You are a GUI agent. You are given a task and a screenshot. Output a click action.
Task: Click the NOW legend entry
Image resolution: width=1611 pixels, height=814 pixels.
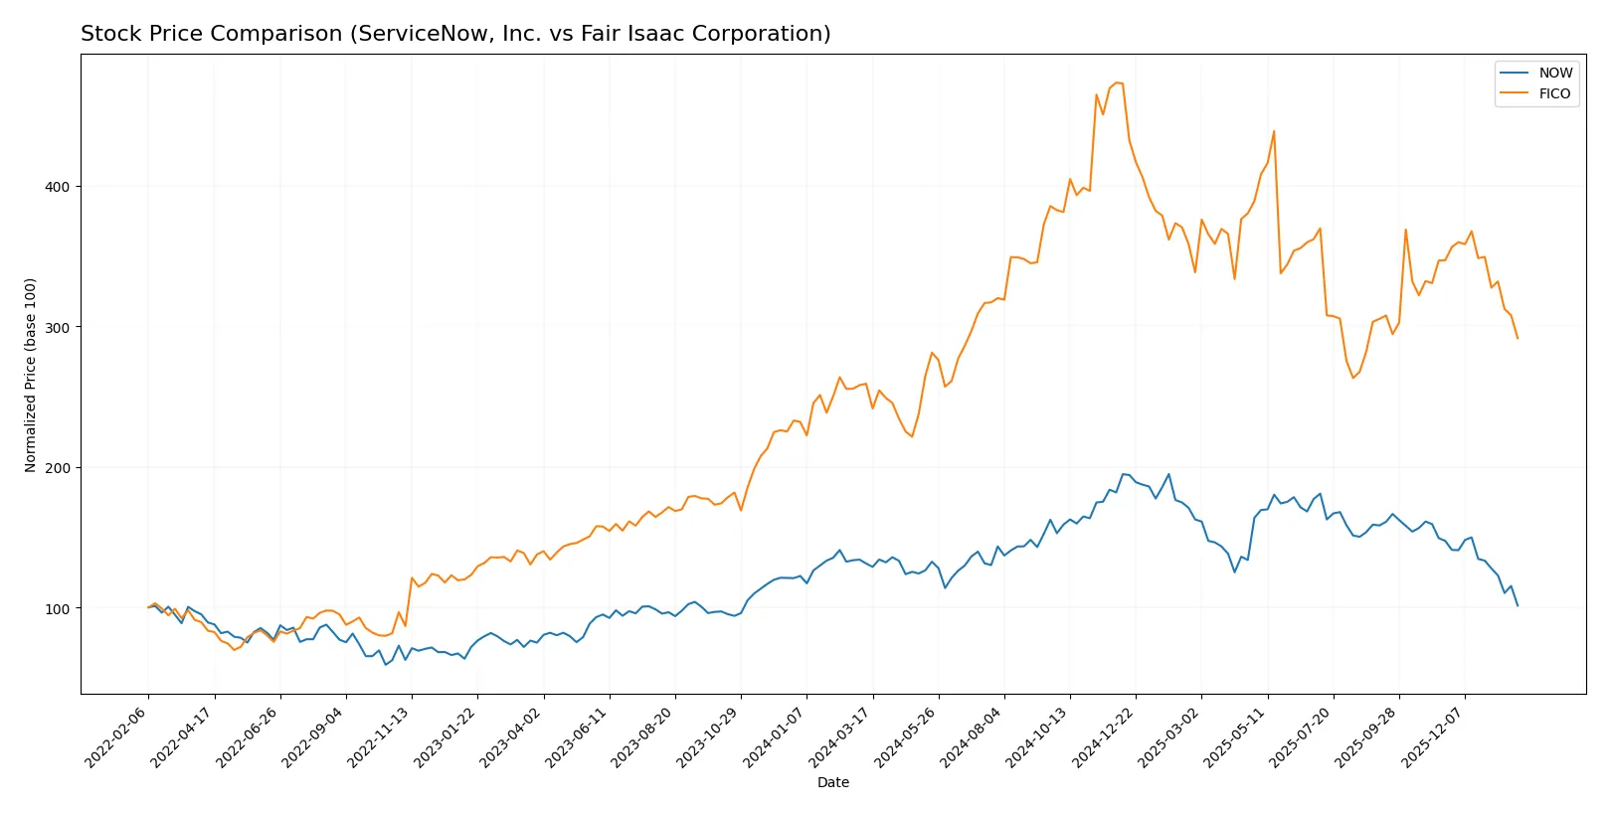[x=1554, y=73]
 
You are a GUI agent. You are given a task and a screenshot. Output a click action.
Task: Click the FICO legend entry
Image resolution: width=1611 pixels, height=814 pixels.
[x=1554, y=93]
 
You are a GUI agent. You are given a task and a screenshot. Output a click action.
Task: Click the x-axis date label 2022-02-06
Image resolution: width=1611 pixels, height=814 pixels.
[x=117, y=736]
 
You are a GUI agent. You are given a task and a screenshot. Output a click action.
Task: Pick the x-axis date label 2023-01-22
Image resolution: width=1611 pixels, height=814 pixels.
[x=447, y=736]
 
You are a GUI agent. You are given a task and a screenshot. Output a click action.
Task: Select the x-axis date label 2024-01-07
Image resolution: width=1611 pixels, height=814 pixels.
[x=776, y=736]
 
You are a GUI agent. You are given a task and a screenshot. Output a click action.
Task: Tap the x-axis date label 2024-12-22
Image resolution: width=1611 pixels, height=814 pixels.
[x=1105, y=736]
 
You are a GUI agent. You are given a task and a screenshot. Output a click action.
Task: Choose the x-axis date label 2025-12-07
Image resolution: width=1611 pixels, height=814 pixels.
[x=1434, y=736]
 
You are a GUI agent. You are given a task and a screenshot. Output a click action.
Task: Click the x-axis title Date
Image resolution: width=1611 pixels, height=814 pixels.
[x=832, y=783]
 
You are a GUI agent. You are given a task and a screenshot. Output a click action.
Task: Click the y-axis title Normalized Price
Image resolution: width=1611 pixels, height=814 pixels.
[x=31, y=375]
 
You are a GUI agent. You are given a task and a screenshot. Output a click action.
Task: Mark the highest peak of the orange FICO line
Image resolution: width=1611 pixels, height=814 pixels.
[x=1117, y=82]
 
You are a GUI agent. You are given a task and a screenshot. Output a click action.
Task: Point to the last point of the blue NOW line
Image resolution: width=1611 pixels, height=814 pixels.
[x=1518, y=605]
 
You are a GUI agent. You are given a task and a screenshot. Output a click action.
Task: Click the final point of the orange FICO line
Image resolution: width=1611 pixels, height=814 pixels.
[x=1518, y=338]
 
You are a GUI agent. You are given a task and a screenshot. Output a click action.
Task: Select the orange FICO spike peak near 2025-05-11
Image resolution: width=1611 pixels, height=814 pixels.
[x=1274, y=131]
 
